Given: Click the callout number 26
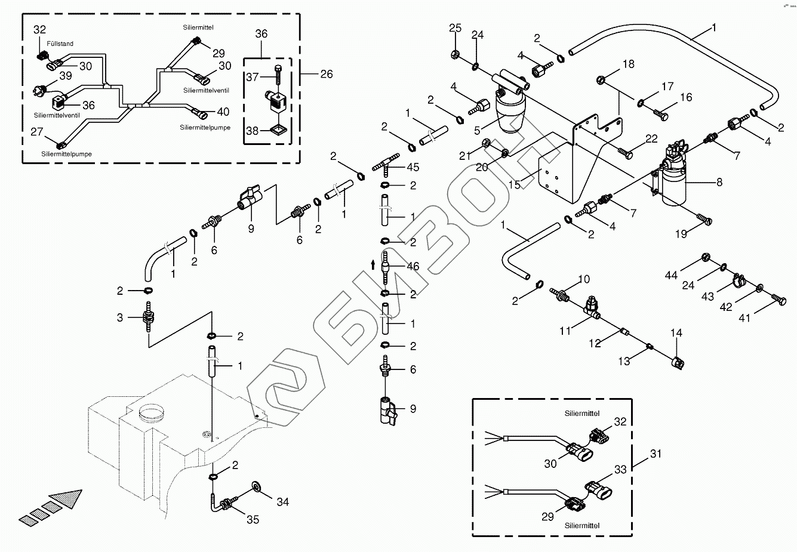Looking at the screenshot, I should [x=326, y=74].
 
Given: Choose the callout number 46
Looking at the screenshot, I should [x=413, y=267].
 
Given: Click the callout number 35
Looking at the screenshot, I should [x=253, y=519].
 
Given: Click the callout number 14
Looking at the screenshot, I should [x=676, y=333].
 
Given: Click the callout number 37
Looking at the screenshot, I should [x=253, y=76].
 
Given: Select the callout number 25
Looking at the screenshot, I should [x=456, y=27].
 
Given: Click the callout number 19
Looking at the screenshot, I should [x=681, y=235].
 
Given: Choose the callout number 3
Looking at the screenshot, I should [x=120, y=317].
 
